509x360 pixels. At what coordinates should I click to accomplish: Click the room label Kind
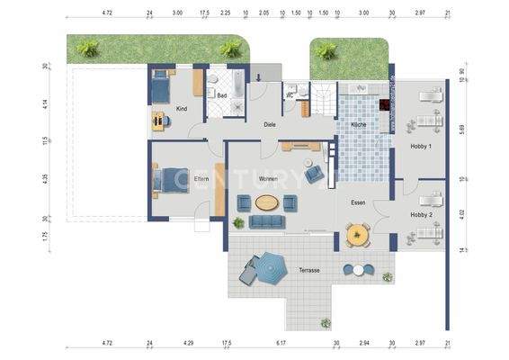(182, 108)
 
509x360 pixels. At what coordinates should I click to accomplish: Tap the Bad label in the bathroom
(221, 94)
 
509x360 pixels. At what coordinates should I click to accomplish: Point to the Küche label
(358, 124)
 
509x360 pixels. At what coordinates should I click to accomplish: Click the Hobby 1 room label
(421, 146)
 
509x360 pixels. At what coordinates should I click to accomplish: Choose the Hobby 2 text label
(421, 215)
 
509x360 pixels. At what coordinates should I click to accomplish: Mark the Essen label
(358, 203)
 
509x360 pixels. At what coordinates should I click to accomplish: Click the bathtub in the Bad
(236, 87)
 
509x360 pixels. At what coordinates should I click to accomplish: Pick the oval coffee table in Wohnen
(266, 202)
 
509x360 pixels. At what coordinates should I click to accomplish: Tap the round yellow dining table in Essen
(359, 236)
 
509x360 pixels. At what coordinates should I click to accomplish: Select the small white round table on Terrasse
(358, 269)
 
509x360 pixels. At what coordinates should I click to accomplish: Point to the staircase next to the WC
(322, 98)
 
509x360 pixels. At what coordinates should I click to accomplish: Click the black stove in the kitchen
(385, 105)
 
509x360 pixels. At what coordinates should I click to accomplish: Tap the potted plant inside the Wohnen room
(238, 222)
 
